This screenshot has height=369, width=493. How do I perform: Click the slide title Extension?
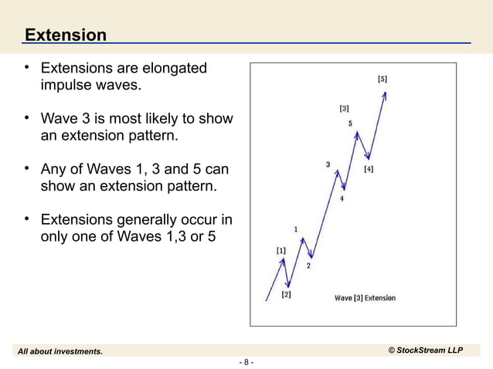(65, 35)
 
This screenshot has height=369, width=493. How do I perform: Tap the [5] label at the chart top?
(382, 79)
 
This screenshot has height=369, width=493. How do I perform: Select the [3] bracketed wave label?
(343, 108)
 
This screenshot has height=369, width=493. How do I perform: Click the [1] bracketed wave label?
(280, 250)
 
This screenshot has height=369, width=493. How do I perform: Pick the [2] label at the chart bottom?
(286, 294)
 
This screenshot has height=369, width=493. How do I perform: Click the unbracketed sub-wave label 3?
(328, 164)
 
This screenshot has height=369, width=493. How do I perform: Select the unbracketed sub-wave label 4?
(342, 198)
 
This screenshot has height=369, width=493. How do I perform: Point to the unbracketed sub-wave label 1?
(296, 229)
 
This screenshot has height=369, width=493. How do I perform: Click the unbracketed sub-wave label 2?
(308, 266)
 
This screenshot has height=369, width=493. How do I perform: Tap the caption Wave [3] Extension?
(364, 298)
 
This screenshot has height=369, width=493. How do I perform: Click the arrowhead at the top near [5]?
(385, 95)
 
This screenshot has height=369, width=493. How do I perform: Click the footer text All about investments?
(60, 351)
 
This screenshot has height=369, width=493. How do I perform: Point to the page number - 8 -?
(246, 362)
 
